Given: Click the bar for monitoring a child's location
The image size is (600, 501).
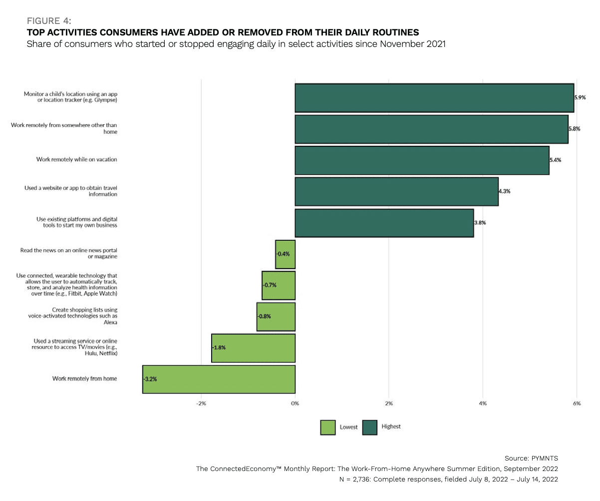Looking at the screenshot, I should pyautogui.click(x=434, y=97).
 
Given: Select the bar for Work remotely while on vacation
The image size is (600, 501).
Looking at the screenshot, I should pyautogui.click(x=422, y=160).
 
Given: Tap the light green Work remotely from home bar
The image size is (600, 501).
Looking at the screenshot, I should pyautogui.click(x=219, y=379).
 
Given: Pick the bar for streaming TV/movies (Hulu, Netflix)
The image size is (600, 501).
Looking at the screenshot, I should pyautogui.click(x=253, y=348).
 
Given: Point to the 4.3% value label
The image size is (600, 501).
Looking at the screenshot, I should pyautogui.click(x=505, y=191).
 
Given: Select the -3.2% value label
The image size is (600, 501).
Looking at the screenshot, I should pyautogui.click(x=150, y=379).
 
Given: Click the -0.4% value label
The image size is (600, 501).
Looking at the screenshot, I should pyautogui.click(x=283, y=254).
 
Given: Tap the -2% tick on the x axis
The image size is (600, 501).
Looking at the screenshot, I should pyautogui.click(x=201, y=403).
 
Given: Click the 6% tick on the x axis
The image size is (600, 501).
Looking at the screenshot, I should pyautogui.click(x=577, y=403).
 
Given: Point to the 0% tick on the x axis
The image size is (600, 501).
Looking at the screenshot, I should pyautogui.click(x=295, y=403).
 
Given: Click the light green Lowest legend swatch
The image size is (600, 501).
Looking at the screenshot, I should pyautogui.click(x=328, y=427).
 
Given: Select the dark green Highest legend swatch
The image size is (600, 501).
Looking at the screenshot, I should pyautogui.click(x=369, y=427).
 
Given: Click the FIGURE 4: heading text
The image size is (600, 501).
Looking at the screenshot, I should pyautogui.click(x=48, y=20).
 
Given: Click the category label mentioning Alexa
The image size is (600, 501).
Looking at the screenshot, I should pyautogui.click(x=86, y=316).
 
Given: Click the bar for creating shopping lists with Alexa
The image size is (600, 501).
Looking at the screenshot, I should pyautogui.click(x=276, y=316).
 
